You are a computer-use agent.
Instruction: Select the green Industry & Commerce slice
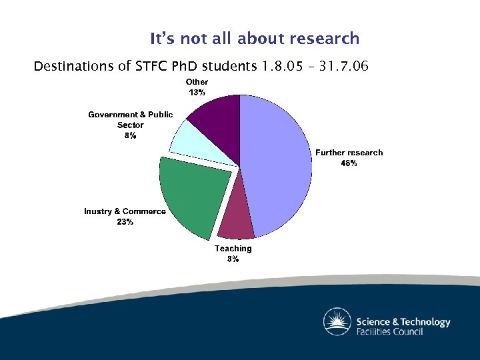tap(190, 197)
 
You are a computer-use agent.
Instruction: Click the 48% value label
tap(349, 163)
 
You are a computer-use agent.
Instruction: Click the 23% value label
tap(125, 222)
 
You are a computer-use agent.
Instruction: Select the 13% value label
tap(197, 93)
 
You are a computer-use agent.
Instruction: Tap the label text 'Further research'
tap(349, 153)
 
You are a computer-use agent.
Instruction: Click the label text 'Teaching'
tap(233, 249)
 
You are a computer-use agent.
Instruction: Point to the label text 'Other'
tap(197, 82)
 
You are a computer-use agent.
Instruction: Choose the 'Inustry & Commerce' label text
tap(125, 211)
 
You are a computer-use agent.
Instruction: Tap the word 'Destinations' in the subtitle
tap(71, 67)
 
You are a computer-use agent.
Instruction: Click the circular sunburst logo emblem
tap(337, 321)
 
